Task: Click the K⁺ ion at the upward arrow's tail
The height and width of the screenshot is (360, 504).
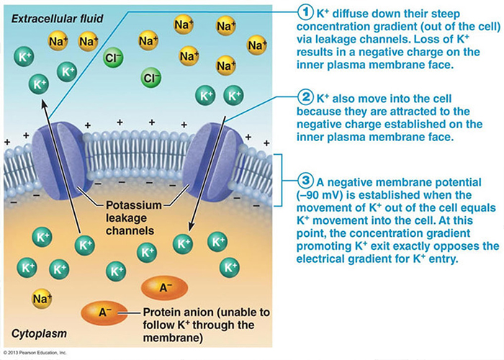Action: coord(85,245)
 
